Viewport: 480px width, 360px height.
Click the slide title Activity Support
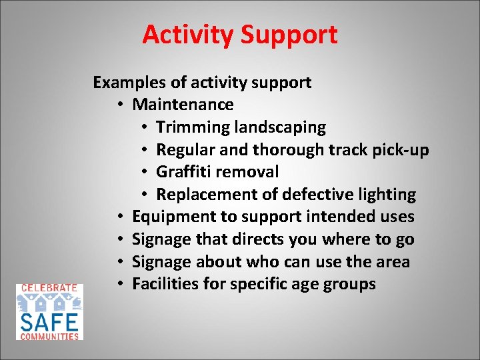[239, 35]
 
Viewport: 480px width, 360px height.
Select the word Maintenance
[183, 105]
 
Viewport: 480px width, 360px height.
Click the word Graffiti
[183, 172]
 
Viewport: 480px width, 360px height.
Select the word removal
[247, 172]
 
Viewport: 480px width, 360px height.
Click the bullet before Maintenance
[123, 105]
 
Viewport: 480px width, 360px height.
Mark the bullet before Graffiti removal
[147, 173]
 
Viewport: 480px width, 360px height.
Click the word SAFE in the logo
[49, 322]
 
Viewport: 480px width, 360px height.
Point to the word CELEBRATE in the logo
[49, 288]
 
